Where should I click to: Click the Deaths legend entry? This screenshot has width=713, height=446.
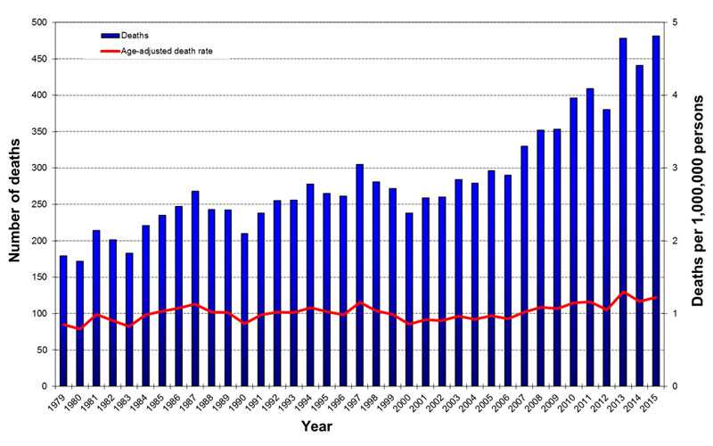click(x=134, y=35)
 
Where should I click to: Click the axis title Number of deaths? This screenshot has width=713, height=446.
click(x=15, y=204)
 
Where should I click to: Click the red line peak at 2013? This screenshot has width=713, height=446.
click(x=623, y=292)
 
